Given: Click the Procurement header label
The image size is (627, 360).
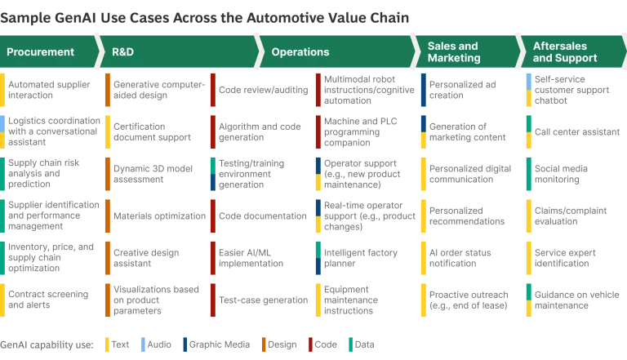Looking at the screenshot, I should click(x=40, y=52).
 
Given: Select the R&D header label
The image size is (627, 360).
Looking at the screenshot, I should click(x=122, y=52).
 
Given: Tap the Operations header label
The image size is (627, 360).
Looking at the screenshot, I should click(x=300, y=52).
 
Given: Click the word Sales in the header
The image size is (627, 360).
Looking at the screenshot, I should click(x=442, y=47).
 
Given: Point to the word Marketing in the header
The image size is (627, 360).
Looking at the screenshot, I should click(x=454, y=59).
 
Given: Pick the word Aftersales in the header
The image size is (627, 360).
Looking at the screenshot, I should click(x=560, y=47).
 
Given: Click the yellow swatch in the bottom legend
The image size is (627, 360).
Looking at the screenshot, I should click(x=108, y=344).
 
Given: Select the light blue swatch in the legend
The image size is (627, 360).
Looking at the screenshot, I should click(x=143, y=344).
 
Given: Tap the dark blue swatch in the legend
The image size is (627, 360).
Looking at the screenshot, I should click(x=185, y=344).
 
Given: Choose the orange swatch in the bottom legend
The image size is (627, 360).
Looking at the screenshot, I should click(x=264, y=344).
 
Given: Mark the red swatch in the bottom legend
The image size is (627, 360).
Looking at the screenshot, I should click(x=310, y=344).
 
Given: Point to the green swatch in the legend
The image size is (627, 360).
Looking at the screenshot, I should click(x=349, y=344).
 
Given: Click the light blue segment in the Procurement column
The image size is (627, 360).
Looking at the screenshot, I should click(x=3, y=122).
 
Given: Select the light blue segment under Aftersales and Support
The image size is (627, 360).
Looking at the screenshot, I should click(x=529, y=81).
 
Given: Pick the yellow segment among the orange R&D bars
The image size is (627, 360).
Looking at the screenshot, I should click(x=108, y=132).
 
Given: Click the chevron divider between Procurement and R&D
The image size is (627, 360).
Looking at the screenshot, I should click(x=99, y=52).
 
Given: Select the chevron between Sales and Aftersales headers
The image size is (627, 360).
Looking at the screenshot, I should click(x=519, y=52).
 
